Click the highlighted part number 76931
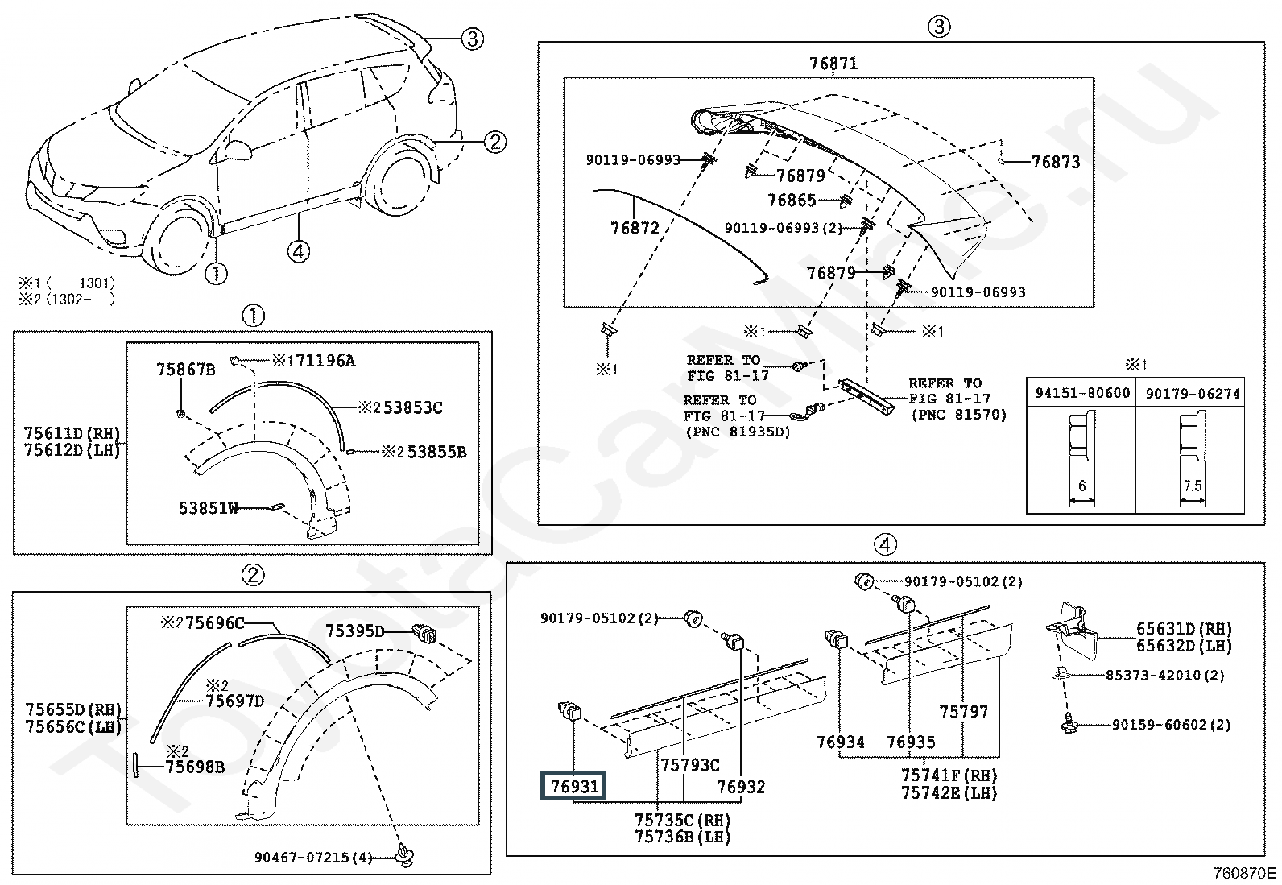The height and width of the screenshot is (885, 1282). tap(575, 786)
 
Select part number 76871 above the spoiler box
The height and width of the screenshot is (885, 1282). tap(833, 64)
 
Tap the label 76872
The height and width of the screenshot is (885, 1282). tap(635, 228)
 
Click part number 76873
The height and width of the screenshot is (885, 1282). tap(1056, 162)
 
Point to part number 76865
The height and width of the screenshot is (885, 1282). tap(792, 200)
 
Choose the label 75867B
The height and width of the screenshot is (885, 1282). tap(186, 370)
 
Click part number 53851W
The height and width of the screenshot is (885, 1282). tap(209, 508)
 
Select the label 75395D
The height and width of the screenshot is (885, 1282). tap(355, 631)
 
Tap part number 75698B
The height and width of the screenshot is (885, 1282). tap(195, 767)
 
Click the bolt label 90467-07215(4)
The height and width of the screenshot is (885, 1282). tap(313, 858)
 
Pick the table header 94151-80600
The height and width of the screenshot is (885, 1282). tap(1082, 393)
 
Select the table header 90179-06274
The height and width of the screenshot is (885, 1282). tap(1193, 393)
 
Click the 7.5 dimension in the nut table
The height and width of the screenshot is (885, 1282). tap(1193, 486)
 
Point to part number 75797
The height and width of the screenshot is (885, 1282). tap(964, 711)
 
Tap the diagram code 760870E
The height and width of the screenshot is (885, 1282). tap(1246, 873)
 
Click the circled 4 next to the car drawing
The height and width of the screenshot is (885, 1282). tap(298, 251)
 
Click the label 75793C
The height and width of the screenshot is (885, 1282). tap(690, 766)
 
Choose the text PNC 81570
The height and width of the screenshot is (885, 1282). tap(958, 415)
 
